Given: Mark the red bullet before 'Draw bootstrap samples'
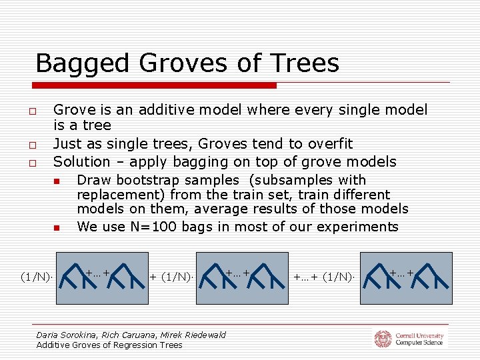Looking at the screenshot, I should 58,181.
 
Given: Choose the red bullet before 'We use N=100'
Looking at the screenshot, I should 58,227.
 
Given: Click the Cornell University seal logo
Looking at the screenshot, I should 382,339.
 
